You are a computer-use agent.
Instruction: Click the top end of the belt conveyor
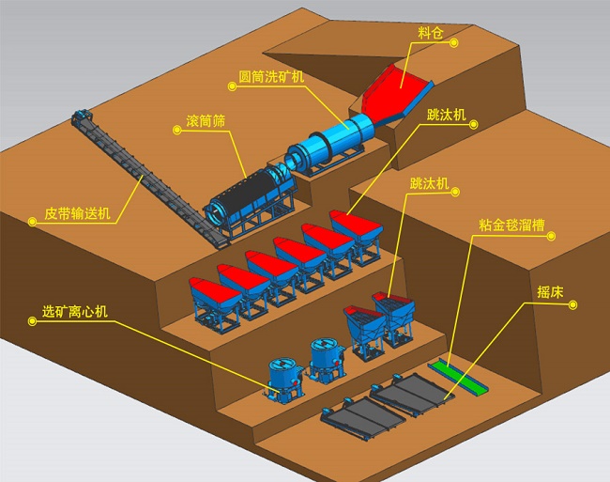81,119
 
